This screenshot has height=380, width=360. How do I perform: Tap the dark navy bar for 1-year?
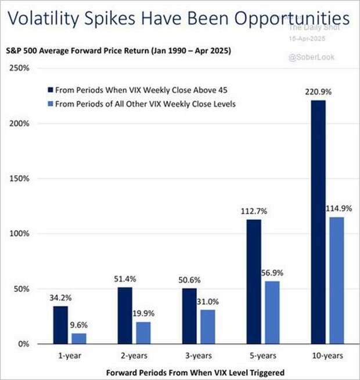point(60,325)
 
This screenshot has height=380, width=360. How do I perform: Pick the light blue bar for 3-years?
point(208,327)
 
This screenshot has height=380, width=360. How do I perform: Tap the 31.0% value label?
point(208,302)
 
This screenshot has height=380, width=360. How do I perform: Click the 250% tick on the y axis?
point(21,68)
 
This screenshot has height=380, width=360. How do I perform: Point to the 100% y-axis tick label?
point(21,234)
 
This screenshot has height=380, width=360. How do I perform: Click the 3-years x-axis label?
point(199,355)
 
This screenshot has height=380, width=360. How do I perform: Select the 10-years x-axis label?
point(328,355)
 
